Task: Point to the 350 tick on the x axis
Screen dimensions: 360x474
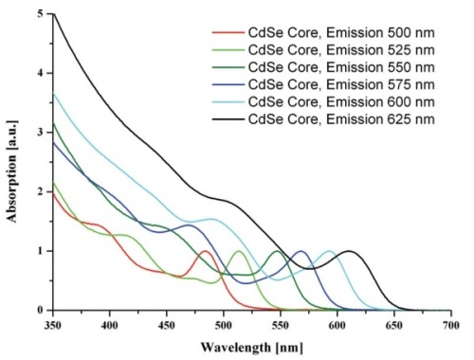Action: (53, 324)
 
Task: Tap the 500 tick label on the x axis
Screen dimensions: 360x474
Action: (224, 324)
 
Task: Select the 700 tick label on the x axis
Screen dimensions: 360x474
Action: (451, 324)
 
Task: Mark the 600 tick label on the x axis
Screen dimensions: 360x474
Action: (337, 324)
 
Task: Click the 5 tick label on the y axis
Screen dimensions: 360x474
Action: (40, 14)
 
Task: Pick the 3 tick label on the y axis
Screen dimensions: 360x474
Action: (40, 133)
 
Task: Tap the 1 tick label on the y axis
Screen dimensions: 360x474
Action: (40, 251)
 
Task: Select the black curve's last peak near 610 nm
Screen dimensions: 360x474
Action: (349, 251)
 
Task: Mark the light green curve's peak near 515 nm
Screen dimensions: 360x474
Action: (239, 251)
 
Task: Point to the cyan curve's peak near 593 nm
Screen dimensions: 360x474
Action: (329, 251)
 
